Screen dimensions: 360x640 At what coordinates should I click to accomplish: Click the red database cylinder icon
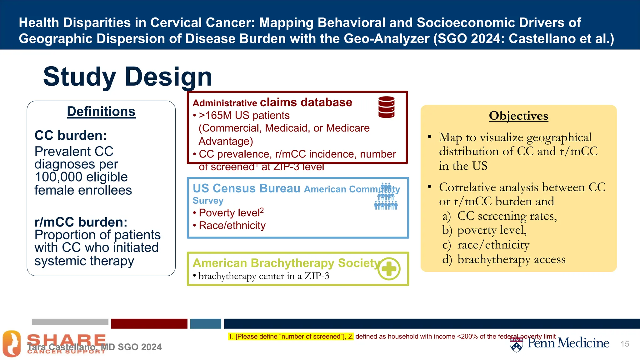[386, 107]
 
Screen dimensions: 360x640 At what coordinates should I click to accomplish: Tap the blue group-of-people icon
[386, 197]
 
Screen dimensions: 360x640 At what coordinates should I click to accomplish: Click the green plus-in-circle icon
[389, 269]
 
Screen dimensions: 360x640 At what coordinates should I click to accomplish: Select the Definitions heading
[101, 112]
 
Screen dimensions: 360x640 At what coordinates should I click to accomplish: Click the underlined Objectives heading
[518, 116]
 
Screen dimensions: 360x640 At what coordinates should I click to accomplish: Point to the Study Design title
[127, 77]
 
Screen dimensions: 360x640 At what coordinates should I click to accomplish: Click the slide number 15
[625, 344]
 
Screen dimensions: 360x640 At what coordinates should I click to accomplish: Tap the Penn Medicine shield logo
[516, 345]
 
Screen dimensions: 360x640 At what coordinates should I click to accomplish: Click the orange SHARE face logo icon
[12, 344]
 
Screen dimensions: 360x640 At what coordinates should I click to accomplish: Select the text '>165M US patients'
[244, 116]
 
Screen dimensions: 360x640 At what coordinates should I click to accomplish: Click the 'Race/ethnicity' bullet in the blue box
[232, 226]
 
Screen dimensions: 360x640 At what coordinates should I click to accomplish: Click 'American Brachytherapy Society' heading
[286, 263]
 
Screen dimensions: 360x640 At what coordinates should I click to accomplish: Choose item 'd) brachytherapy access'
[504, 259]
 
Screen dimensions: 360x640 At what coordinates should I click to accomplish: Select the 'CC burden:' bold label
[71, 136]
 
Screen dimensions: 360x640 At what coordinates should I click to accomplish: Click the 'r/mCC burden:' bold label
[81, 222]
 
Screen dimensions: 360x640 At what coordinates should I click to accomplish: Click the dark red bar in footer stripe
[149, 324]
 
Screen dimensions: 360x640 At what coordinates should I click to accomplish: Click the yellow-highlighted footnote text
[291, 337]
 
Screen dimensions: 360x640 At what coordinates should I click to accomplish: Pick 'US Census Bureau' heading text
[246, 188]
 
